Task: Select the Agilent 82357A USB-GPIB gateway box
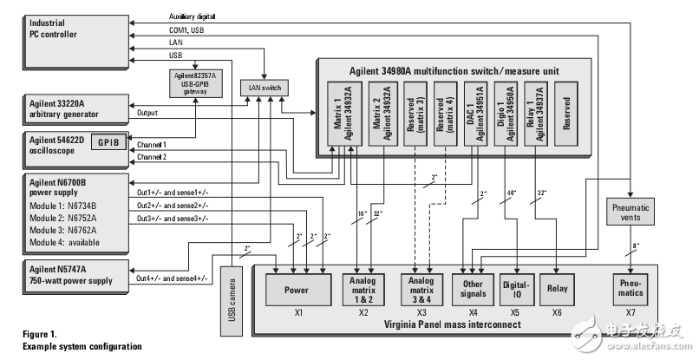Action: pos(196,85)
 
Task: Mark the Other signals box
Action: pos(474,291)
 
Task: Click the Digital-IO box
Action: pos(519,291)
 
